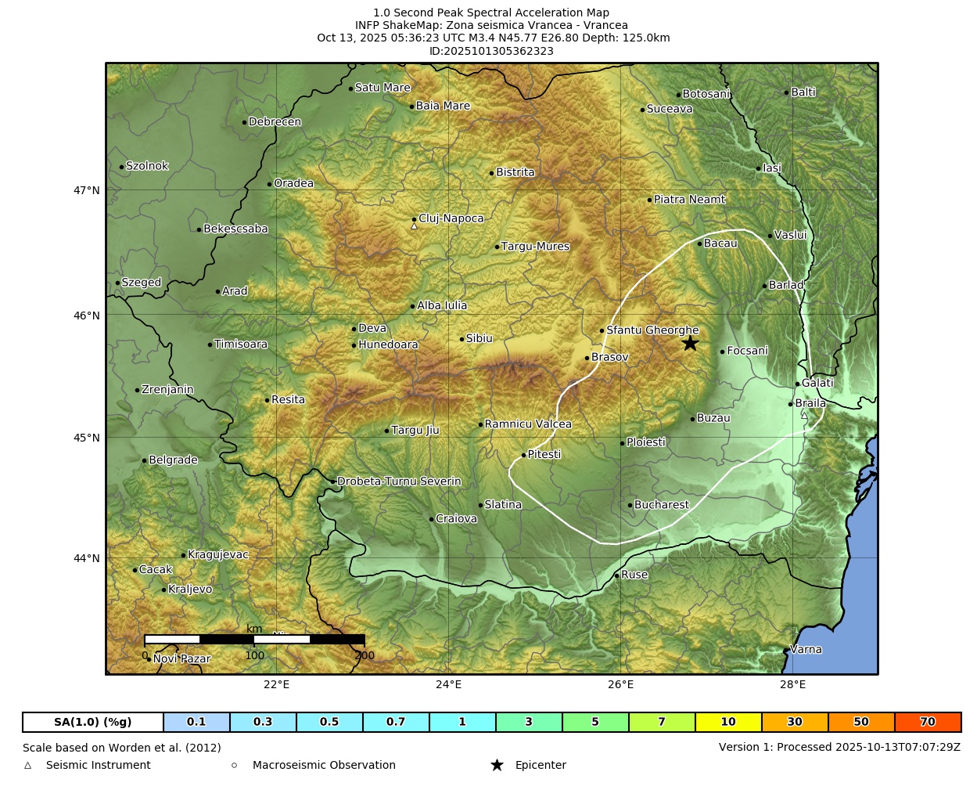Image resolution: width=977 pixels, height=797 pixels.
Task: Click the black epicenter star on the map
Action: (689, 343)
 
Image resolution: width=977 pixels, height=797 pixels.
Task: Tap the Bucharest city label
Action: (661, 505)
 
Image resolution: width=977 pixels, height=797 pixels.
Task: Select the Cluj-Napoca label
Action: (451, 218)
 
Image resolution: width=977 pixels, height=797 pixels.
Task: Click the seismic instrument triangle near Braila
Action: (804, 415)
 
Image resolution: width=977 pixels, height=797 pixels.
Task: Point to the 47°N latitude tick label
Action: (87, 190)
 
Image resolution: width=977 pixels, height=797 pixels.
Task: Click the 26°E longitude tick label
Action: (620, 685)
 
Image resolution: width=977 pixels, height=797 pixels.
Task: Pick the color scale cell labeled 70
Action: (928, 722)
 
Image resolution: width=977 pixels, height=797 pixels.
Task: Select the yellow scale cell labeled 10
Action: (728, 722)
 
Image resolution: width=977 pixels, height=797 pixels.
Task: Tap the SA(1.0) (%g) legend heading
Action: (93, 722)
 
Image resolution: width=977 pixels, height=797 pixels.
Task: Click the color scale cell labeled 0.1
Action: (196, 722)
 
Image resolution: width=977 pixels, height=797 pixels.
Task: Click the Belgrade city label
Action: (173, 460)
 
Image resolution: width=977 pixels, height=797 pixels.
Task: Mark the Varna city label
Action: (806, 649)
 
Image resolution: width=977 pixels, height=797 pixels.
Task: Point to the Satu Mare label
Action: (383, 88)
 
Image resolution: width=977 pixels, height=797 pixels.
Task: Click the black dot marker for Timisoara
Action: (210, 344)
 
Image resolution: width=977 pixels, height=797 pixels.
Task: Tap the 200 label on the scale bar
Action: (365, 656)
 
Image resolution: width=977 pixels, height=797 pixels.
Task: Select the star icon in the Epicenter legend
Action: (497, 765)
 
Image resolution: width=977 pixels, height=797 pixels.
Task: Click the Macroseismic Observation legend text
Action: (324, 765)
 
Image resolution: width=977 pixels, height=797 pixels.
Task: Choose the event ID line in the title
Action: (491, 51)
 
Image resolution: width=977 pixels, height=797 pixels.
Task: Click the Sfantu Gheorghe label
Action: (652, 330)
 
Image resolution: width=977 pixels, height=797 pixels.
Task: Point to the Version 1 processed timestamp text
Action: (839, 747)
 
